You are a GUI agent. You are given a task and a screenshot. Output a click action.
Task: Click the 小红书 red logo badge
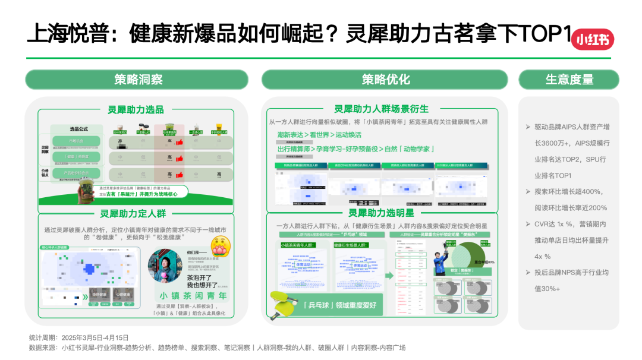tap(592, 39)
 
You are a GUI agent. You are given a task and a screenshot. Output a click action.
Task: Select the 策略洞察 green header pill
tap(136, 80)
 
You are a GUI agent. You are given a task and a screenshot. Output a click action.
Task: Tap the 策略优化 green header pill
tap(385, 80)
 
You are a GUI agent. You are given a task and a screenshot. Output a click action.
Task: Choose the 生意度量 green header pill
tap(569, 80)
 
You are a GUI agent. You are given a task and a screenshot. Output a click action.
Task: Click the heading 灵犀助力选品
tap(136, 109)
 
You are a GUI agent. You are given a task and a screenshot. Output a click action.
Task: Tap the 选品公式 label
tap(78, 129)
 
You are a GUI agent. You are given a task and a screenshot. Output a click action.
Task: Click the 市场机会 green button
tap(76, 141)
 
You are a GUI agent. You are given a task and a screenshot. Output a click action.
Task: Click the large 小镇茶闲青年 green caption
tap(193, 295)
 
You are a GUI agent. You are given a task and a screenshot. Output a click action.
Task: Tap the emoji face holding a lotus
tap(221, 245)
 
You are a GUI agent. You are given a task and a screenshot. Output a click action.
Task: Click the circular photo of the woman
tap(165, 266)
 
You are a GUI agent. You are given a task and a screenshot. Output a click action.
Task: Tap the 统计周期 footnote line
tap(78, 337)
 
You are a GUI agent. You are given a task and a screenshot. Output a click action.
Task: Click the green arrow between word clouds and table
tap(388, 276)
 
